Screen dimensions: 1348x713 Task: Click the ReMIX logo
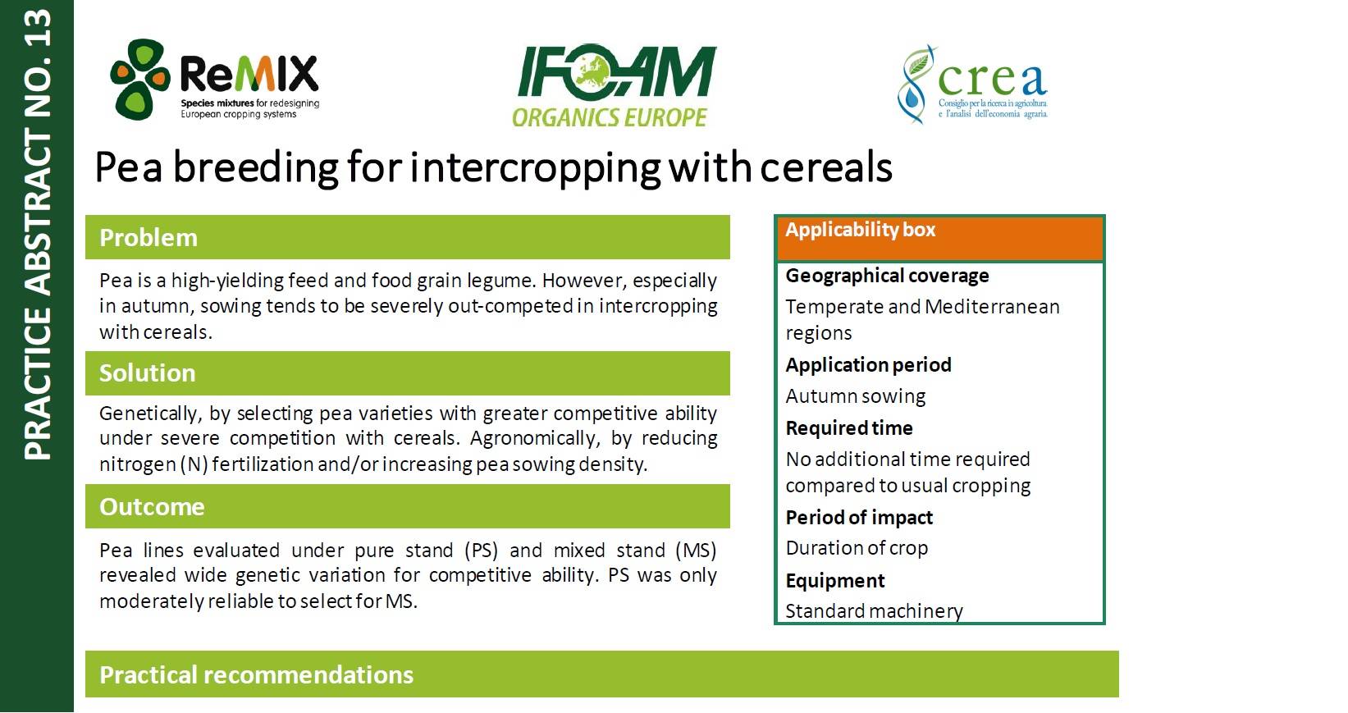[x=215, y=80]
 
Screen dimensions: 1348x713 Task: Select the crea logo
[x=972, y=85]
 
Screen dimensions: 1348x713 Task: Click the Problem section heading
[x=149, y=238]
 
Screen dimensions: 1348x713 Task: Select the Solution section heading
[x=148, y=373]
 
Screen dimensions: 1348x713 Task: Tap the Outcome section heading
[x=152, y=506]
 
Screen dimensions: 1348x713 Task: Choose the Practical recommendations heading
[x=256, y=674]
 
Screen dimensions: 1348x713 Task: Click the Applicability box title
[x=860, y=229]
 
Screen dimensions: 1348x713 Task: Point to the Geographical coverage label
[x=887, y=276]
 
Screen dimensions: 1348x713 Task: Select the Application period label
[x=868, y=364]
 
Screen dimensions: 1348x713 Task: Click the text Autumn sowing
[x=855, y=396]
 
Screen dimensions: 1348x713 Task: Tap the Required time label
[x=849, y=427]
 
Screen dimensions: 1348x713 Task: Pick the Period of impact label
[x=859, y=518]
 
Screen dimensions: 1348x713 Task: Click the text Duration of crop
[x=857, y=548]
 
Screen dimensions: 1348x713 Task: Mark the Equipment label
[x=835, y=581]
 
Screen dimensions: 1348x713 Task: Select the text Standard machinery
[x=874, y=611]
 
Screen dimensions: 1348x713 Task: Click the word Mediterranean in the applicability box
[x=993, y=307]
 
